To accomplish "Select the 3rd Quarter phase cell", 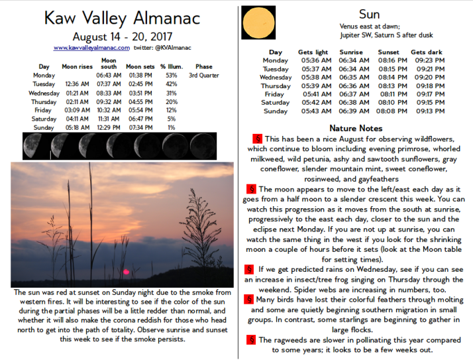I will pyautogui.click(x=204, y=76).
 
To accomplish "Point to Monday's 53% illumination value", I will pyautogui.click(x=172, y=76).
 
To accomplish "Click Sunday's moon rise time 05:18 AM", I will pyautogui.click(x=78, y=127).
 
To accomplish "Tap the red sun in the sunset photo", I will pyautogui.click(x=124, y=271).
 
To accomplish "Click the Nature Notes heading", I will pyautogui.click(x=355, y=128).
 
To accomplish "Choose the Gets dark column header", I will pyautogui.click(x=427, y=52).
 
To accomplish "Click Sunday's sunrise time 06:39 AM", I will pyautogui.click(x=350, y=111).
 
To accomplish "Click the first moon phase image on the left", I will pyautogui.click(x=31, y=144).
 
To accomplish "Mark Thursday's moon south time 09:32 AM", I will pyautogui.click(x=109, y=101).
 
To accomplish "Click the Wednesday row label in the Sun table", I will pyautogui.click(x=275, y=77).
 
